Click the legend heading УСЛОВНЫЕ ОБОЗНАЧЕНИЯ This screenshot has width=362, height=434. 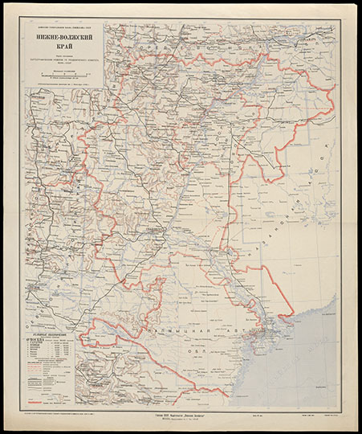pos(48,334)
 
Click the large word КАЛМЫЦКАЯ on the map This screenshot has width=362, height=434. pos(183,330)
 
